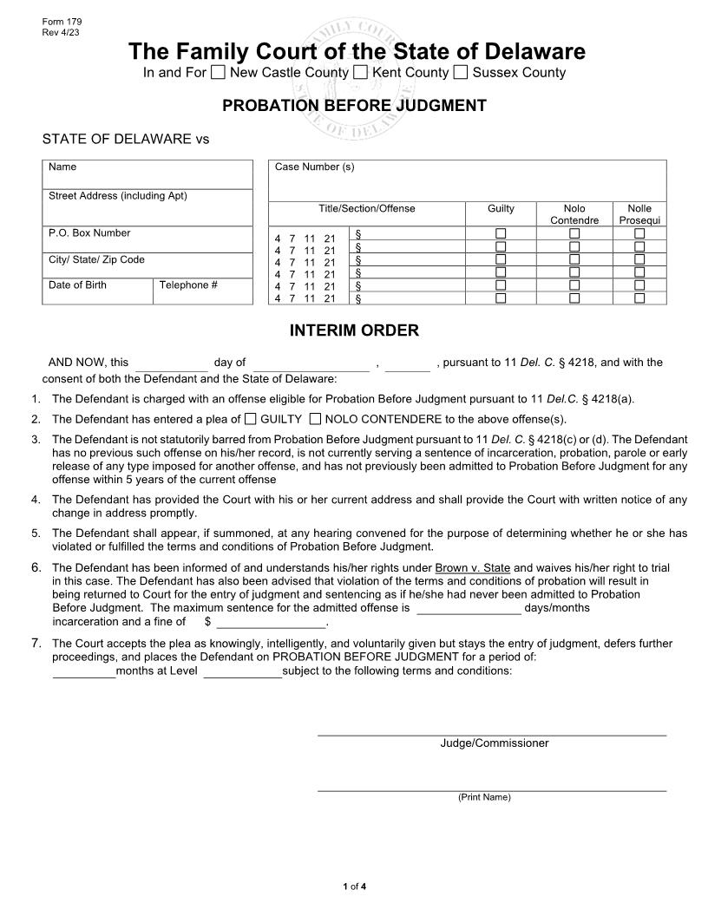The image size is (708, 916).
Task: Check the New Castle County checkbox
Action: click(x=219, y=73)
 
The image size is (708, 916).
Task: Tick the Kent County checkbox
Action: click(x=361, y=73)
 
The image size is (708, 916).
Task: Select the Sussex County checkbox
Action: click(x=461, y=73)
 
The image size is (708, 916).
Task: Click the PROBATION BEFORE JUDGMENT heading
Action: click(x=354, y=106)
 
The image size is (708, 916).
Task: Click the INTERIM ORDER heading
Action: click(x=354, y=330)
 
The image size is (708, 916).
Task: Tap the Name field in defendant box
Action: click(x=147, y=178)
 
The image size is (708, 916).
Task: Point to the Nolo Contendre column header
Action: click(x=574, y=214)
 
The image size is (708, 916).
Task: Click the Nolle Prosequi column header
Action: click(x=639, y=214)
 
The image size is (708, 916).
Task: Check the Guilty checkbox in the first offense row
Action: click(x=501, y=234)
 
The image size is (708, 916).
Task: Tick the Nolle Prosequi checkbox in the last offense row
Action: click(x=639, y=298)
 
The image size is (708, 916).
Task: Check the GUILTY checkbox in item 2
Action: click(x=251, y=419)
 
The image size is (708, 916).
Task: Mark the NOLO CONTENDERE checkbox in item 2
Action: click(x=315, y=419)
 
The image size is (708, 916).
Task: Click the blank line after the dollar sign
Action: click(x=271, y=622)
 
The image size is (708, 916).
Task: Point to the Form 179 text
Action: click(x=56, y=21)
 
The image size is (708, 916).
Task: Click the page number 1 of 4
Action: click(x=354, y=886)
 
